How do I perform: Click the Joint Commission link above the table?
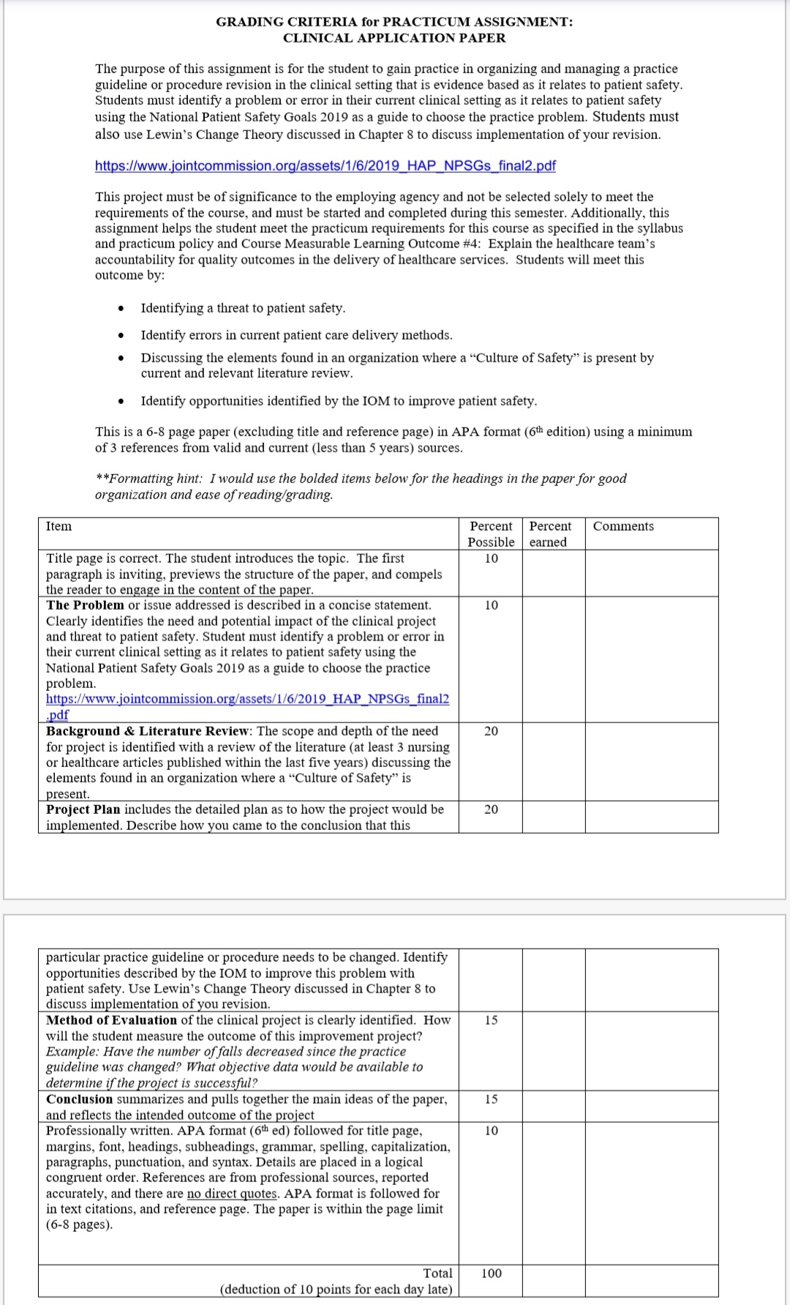[x=325, y=165]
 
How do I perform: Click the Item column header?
[x=59, y=526]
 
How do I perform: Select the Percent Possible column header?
[x=491, y=534]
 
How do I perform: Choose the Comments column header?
[x=623, y=526]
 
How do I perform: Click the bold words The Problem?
[x=85, y=605]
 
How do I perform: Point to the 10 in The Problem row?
[x=492, y=605]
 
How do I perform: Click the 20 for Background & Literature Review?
[x=492, y=731]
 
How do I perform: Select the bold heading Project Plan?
[x=83, y=809]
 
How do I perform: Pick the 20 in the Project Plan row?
[x=492, y=809]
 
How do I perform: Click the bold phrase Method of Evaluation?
[x=111, y=1020]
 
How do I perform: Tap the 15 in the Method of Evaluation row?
[x=492, y=1020]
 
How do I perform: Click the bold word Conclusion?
[x=80, y=1099]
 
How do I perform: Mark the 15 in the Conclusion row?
[x=492, y=1099]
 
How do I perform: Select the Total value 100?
[x=492, y=1274]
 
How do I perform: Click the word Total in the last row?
[x=437, y=1274]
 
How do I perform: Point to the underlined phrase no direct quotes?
[x=232, y=1194]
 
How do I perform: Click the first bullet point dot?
[x=120, y=309]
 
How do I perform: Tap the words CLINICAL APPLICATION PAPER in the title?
[x=394, y=38]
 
